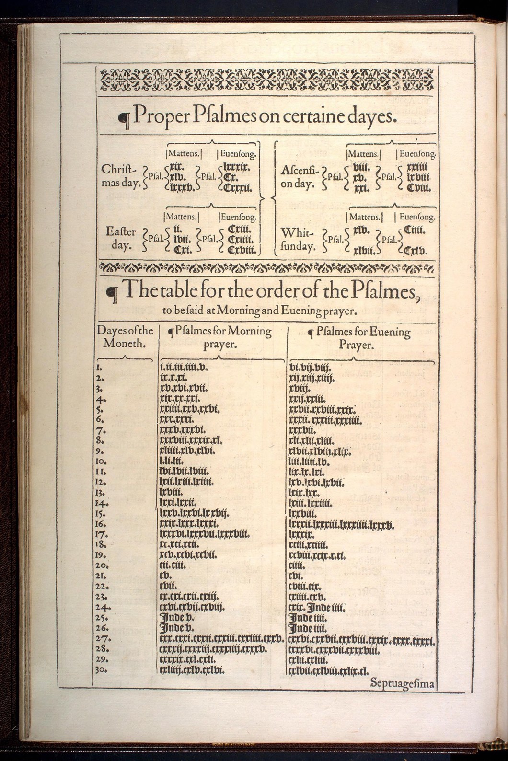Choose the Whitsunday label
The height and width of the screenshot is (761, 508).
click(298, 240)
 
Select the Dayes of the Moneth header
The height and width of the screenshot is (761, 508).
click(125, 337)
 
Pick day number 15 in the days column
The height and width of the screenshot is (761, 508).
click(100, 514)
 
